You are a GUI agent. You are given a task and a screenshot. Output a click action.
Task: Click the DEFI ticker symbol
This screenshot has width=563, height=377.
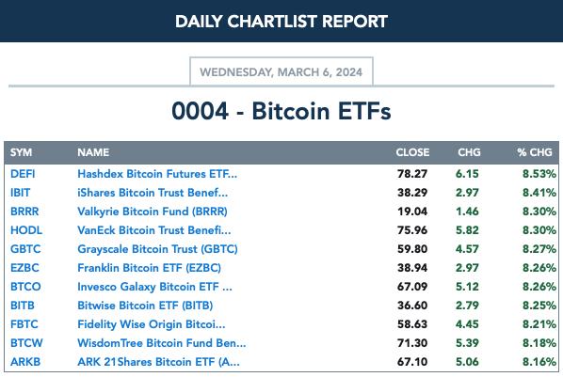[x=23, y=174]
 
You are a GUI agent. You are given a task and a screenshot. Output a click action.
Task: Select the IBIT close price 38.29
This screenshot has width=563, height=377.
[x=412, y=193]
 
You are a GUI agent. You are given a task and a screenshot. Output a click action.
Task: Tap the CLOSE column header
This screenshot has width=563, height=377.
[x=412, y=152]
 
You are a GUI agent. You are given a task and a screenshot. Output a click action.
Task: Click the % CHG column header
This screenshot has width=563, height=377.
[x=535, y=152]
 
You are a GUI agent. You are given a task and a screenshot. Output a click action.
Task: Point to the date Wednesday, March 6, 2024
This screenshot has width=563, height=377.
[x=281, y=72]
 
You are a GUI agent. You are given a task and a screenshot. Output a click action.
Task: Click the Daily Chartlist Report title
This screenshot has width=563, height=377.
[x=281, y=22]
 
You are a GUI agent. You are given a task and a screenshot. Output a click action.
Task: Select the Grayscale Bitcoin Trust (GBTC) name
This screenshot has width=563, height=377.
[x=157, y=249]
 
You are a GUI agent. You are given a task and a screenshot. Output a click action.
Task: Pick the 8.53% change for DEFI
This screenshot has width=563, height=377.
[x=539, y=174]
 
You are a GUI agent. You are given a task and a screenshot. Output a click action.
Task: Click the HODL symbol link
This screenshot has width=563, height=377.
[x=26, y=230]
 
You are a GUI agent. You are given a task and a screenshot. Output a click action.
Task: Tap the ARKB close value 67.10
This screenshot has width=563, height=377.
[x=412, y=362]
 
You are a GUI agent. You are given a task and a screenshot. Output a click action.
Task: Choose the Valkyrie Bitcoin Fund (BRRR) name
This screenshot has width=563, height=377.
[x=153, y=212]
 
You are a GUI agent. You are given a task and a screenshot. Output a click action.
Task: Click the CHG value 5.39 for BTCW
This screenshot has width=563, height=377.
[x=467, y=343]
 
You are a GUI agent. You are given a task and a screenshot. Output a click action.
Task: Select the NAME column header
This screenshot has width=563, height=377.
[x=93, y=152]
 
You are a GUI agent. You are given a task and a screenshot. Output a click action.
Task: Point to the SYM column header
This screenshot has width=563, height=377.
[x=22, y=152]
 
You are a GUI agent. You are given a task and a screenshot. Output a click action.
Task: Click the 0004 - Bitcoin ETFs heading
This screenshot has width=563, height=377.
[x=281, y=111]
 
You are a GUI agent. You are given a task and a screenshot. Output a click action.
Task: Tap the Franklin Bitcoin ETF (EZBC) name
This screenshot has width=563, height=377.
[x=150, y=268]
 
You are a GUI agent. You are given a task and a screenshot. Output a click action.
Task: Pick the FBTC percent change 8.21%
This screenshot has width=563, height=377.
[x=539, y=324]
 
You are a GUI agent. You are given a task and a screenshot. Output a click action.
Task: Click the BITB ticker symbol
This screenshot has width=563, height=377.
[x=23, y=306]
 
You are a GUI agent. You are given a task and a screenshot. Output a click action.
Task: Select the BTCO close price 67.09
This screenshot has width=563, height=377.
[x=412, y=287]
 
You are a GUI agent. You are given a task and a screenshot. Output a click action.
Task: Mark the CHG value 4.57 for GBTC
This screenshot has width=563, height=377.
[x=467, y=249]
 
